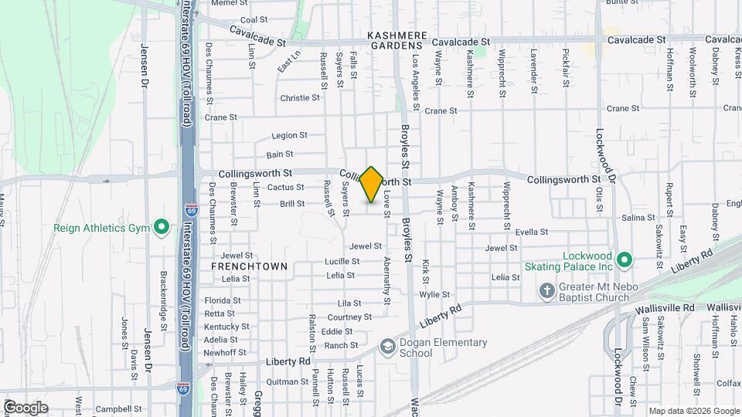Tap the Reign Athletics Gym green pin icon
pos(162,228)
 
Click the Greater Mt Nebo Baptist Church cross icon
pos(547,291)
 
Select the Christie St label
pos(300,98)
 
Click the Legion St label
pos(290,135)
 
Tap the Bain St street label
pos(280,155)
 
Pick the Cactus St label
pos(285,188)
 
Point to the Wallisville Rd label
pos(665,308)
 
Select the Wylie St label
pos(434,295)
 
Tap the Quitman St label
pos(281,381)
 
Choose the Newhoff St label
pos(224,352)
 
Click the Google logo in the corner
pos(26,408)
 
